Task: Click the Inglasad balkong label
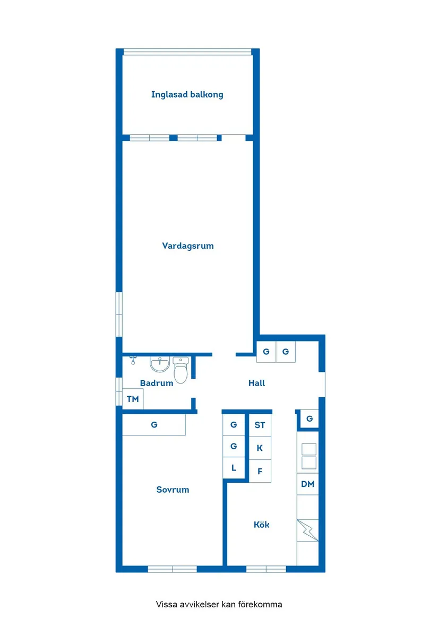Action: coord(187,95)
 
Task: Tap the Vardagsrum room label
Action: coord(188,246)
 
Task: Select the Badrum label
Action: coord(157,383)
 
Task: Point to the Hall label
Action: coord(256,383)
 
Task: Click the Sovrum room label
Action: coord(173,490)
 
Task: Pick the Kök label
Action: coord(261,525)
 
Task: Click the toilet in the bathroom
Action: coord(181,370)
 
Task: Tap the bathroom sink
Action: coord(159,364)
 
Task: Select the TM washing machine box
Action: coord(133,399)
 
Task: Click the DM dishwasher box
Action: coord(307,484)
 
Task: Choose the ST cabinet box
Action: coord(260,425)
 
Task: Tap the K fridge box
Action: coord(260,448)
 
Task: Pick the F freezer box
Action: coord(260,471)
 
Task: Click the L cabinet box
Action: coord(234,468)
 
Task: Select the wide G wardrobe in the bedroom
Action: coord(154,425)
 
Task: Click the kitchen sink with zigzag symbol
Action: coord(307,530)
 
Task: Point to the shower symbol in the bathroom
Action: coord(133,361)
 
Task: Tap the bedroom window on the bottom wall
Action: coord(172,569)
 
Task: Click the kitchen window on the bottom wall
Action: coord(266,569)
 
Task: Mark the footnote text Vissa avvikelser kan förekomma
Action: coord(219,604)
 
